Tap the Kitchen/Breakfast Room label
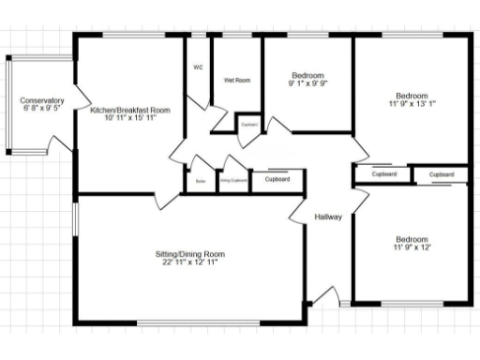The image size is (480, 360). [x=129, y=111]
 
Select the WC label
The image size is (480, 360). [x=198, y=67]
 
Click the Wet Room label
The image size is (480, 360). [x=236, y=81]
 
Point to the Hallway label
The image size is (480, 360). [x=328, y=217]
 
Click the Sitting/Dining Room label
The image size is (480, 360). [x=190, y=254]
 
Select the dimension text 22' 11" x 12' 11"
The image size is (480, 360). [x=190, y=263]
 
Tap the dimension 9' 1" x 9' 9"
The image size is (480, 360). [x=307, y=83]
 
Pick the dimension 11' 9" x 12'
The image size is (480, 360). [x=412, y=248]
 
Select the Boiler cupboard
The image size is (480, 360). [x=200, y=180]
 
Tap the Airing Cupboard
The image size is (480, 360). [x=233, y=180]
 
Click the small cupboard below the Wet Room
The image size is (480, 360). [x=249, y=124]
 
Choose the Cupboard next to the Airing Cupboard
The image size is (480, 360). [x=277, y=179]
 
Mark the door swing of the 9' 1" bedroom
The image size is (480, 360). [x=278, y=128]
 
